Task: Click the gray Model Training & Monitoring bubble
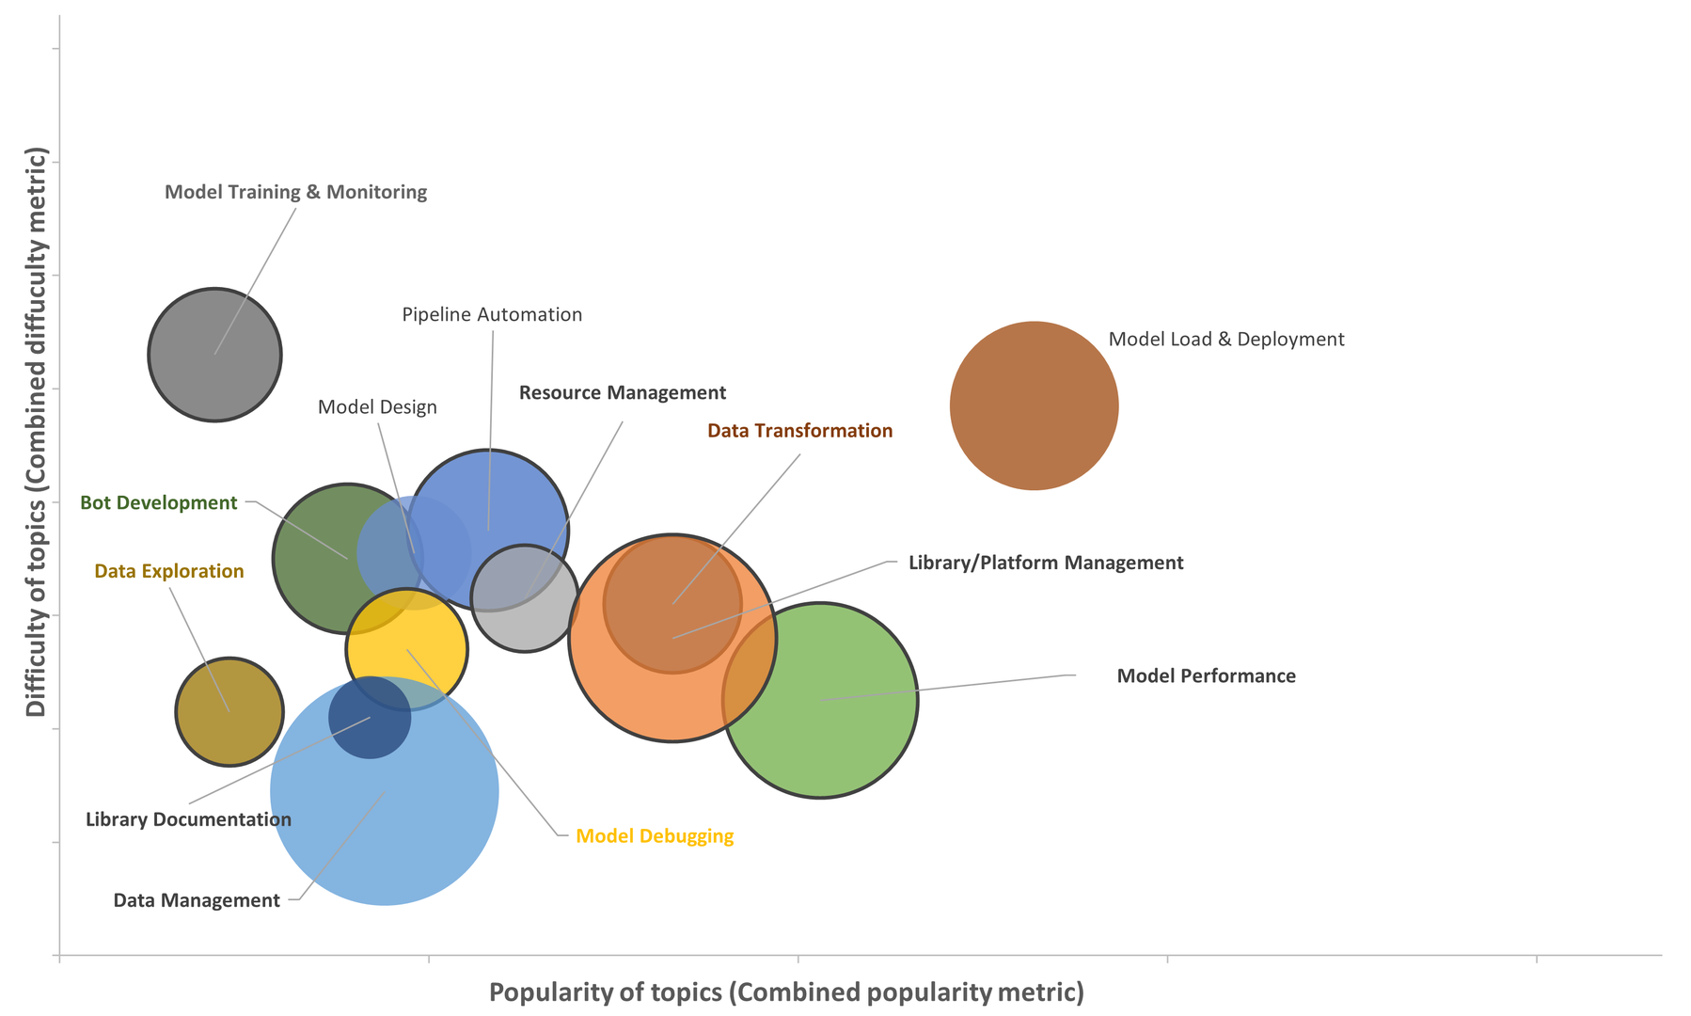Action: (x=214, y=355)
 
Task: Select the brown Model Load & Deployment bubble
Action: (x=1034, y=405)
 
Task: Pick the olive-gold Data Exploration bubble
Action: (x=229, y=711)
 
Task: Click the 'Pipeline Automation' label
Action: (x=492, y=314)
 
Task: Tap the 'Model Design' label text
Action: (x=377, y=407)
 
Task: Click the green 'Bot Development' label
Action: (x=158, y=502)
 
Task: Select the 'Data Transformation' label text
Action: (x=799, y=431)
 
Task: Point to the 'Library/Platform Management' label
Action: (x=1045, y=563)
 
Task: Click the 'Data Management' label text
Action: (x=197, y=900)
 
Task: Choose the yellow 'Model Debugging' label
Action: (x=655, y=835)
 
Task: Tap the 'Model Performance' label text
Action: (x=1206, y=675)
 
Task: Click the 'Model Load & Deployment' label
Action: (x=1225, y=339)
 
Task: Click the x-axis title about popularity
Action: (x=786, y=992)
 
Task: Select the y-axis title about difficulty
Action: (x=36, y=431)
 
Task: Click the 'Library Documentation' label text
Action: (x=188, y=819)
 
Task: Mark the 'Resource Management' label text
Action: (x=623, y=392)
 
